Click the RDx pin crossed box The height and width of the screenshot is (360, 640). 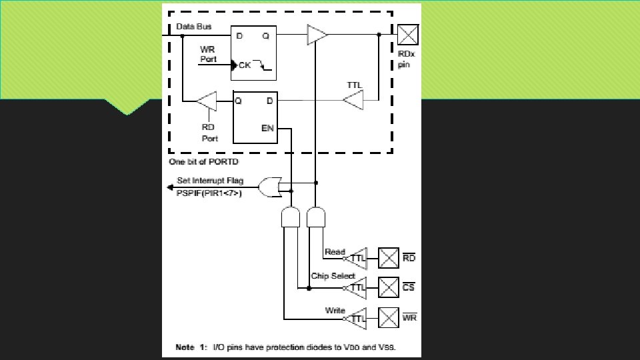click(408, 34)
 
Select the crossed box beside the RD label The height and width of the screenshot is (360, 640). click(389, 257)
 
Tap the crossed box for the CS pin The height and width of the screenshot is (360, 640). click(389, 287)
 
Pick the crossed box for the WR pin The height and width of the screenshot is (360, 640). click(389, 317)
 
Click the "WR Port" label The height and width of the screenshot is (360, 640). click(209, 54)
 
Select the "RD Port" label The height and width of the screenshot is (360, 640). click(210, 133)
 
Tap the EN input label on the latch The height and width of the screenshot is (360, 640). click(267, 127)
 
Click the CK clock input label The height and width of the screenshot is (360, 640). click(245, 65)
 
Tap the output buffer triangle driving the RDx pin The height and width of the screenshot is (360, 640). click(317, 35)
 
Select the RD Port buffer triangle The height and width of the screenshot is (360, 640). click(207, 101)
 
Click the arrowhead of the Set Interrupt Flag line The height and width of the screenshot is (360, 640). click(171, 187)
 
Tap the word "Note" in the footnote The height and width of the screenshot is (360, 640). click(185, 347)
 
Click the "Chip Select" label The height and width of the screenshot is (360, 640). click(333, 276)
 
